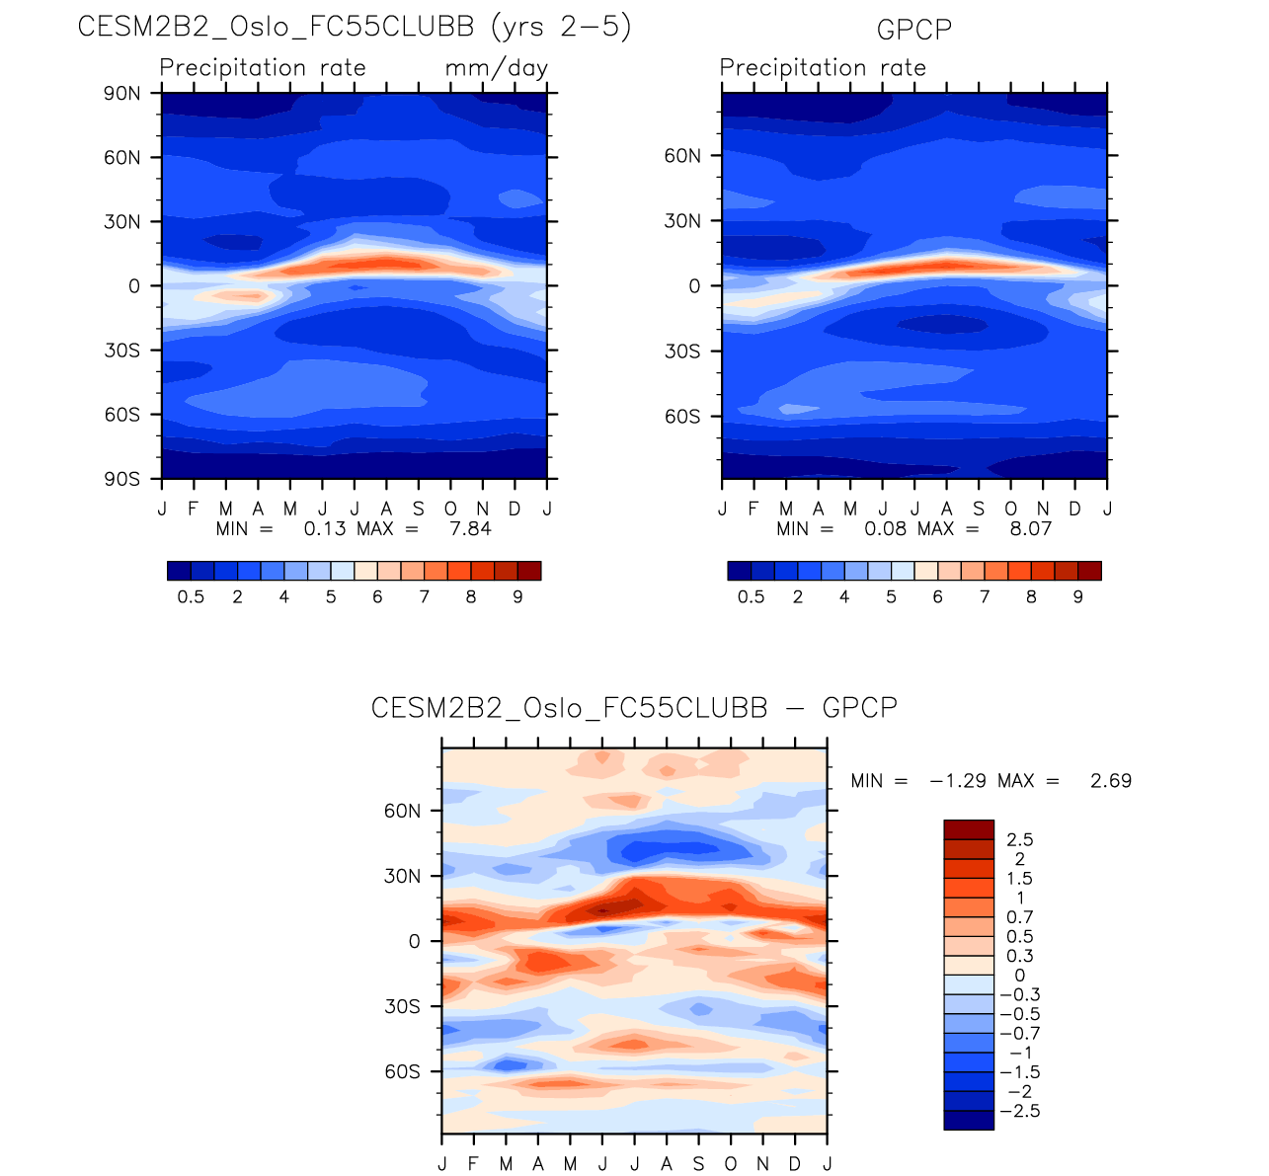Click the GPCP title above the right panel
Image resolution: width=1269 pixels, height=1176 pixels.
coord(914,30)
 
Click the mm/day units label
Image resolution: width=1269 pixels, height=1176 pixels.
coord(496,68)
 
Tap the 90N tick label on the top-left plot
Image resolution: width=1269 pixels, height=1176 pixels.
coord(122,94)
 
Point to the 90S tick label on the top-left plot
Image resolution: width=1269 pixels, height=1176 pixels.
coord(122,479)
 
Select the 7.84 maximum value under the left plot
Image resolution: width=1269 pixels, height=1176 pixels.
coord(470,529)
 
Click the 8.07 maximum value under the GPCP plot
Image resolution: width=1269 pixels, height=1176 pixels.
coord(1030,529)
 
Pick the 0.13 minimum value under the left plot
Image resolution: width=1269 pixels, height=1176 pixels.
coord(325,529)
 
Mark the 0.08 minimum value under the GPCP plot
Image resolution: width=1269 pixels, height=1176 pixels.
coord(885,529)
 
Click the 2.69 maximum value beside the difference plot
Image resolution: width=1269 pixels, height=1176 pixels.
coord(1111,781)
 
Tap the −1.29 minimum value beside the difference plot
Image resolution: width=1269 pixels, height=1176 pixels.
coord(957,781)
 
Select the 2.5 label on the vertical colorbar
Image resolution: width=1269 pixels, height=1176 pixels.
coord(1019,839)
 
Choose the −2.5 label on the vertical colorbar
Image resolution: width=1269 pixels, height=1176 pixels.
coord(1019,1111)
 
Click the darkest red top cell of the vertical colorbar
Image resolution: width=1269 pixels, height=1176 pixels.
coord(969,829)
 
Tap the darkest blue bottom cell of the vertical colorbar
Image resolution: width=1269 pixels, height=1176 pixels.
coord(969,1120)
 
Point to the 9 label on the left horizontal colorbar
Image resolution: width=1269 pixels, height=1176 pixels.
coord(517,597)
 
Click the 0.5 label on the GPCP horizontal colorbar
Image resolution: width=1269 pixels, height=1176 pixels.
coord(751,597)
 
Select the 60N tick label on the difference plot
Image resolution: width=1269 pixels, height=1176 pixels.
coord(402,811)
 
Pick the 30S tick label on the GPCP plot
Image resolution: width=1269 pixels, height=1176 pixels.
coord(681,352)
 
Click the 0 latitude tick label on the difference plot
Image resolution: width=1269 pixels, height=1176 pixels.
coord(415,941)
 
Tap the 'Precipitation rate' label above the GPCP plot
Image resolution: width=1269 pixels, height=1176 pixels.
coord(823,68)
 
